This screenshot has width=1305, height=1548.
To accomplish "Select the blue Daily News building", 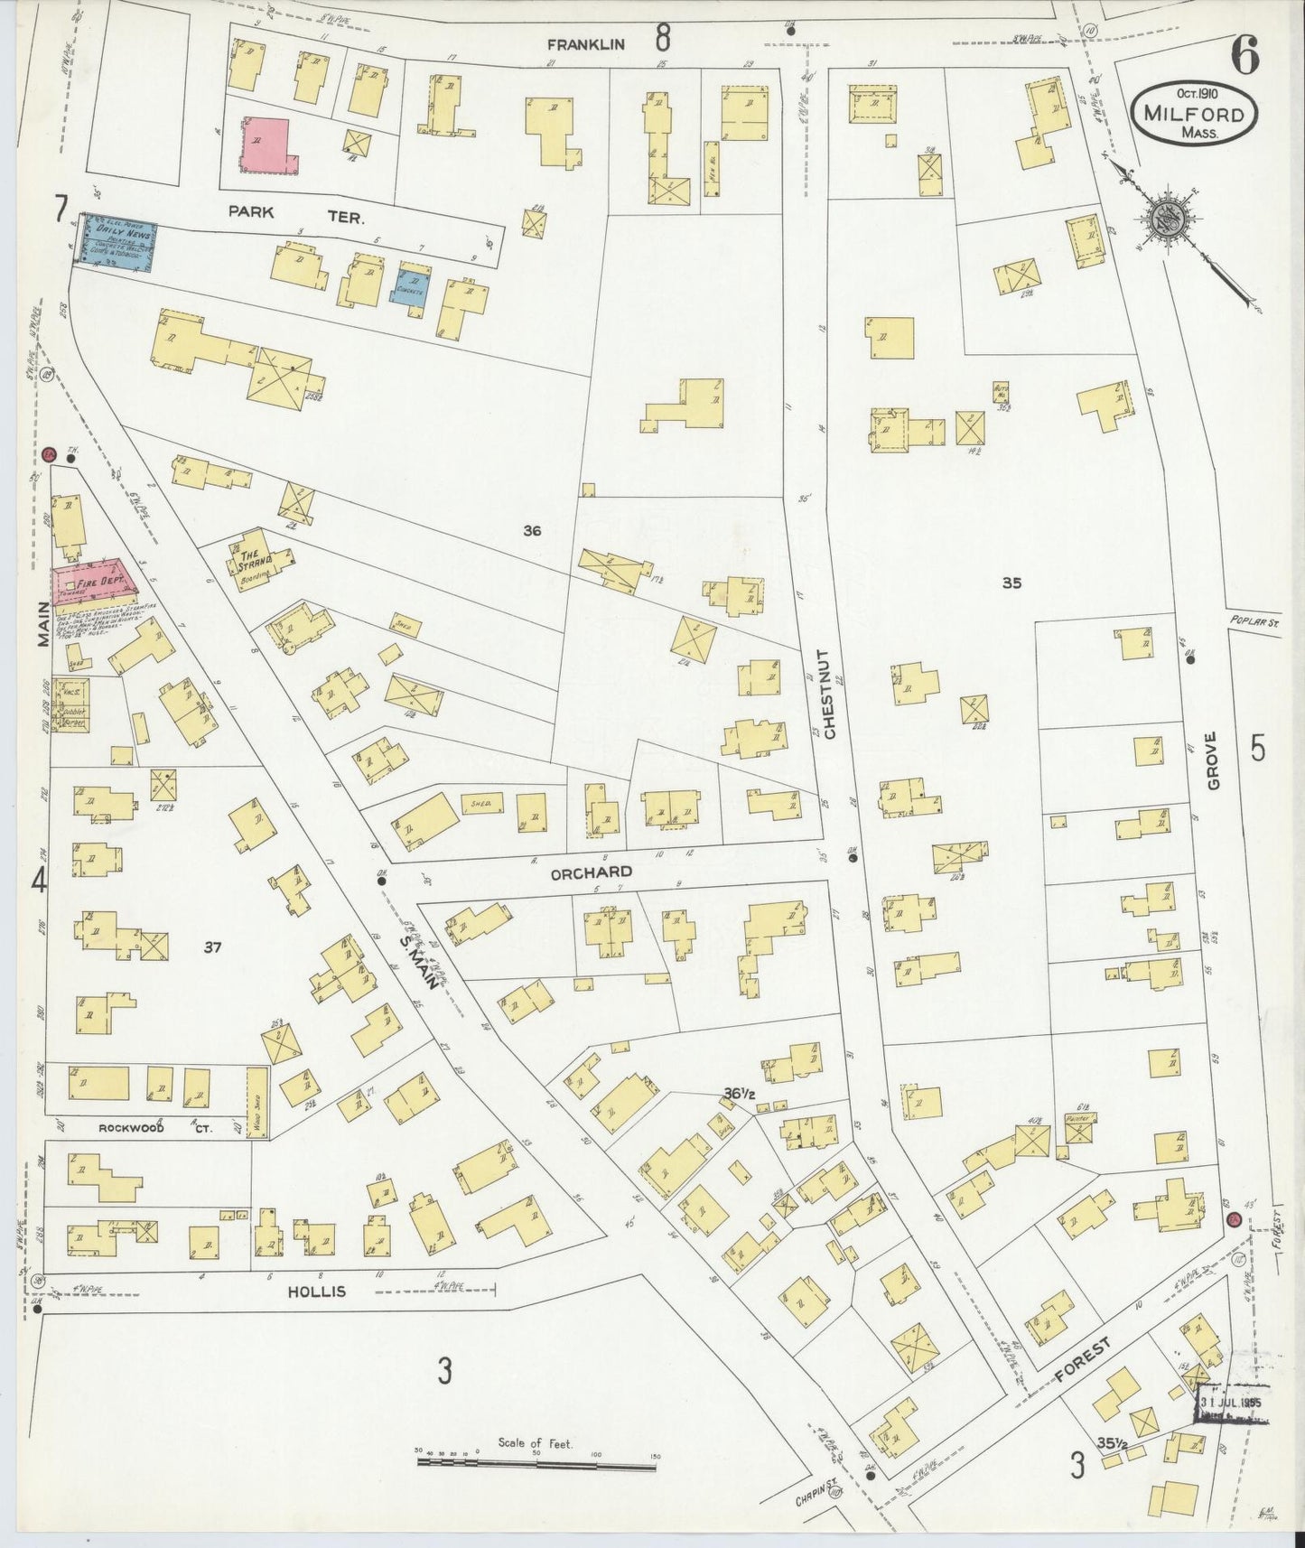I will (117, 241).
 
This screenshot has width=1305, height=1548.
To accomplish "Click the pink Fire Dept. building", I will (95, 583).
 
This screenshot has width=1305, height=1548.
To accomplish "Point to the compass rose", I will (1166, 216).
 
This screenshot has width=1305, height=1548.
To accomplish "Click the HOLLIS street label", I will (316, 1292).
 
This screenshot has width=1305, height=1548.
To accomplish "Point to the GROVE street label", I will (1212, 761).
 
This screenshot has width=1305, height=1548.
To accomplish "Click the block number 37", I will (213, 947).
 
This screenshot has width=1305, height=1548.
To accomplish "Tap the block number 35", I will (1011, 583).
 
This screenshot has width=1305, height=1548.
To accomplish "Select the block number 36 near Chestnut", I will (532, 532).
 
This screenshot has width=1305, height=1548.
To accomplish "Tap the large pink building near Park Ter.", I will (265, 143).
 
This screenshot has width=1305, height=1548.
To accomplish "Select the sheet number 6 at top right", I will (1245, 58).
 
